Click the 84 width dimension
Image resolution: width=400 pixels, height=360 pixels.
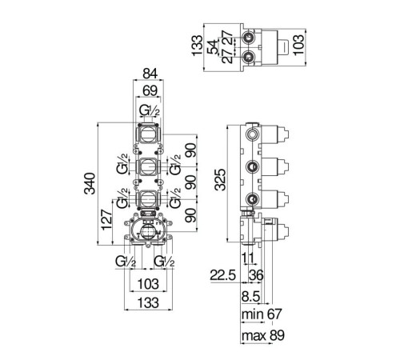(150, 74)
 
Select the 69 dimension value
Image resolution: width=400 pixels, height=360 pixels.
(150, 91)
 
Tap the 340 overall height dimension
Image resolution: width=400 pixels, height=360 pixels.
(90, 183)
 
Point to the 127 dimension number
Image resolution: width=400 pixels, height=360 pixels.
(106, 220)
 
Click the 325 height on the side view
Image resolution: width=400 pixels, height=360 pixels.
(221, 180)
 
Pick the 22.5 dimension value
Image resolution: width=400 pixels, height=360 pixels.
(223, 275)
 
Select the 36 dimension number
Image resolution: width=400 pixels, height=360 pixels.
(256, 275)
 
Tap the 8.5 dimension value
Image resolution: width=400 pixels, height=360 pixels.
(250, 296)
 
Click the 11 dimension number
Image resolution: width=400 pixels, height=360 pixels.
(248, 258)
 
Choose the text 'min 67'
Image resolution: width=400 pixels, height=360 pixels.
(262, 314)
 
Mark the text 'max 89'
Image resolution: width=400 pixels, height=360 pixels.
(263, 335)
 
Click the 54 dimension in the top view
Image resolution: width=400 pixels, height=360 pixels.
(213, 47)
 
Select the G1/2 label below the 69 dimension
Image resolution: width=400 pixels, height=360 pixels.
(150, 110)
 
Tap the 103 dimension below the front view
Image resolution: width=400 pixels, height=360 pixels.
(148, 284)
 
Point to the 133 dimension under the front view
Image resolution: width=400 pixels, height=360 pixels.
(148, 303)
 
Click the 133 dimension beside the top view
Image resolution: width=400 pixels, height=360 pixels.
(198, 46)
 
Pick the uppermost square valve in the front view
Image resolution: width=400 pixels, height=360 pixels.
(147, 134)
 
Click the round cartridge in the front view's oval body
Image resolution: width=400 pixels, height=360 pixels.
(147, 231)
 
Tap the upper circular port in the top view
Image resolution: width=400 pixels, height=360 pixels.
(249, 37)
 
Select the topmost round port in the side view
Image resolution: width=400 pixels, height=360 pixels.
(252, 134)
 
